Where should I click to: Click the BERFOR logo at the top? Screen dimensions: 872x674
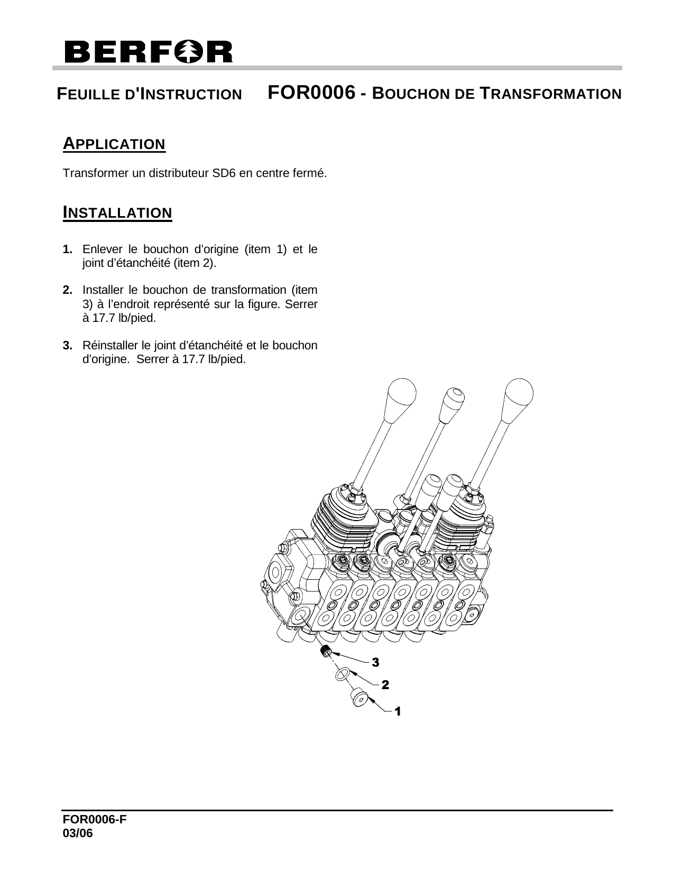[148, 52]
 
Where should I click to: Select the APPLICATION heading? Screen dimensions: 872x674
[114, 144]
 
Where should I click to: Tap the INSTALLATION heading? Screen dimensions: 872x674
[117, 213]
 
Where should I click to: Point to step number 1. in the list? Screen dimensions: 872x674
[68, 249]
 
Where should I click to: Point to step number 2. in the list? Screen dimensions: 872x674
[68, 290]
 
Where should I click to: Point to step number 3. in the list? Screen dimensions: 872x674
[68, 346]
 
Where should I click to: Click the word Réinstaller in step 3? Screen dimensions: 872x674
[109, 346]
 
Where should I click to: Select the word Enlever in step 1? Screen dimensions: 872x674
[101, 249]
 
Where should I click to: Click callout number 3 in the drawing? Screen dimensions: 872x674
[375, 662]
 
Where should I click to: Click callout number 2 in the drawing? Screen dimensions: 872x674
[385, 685]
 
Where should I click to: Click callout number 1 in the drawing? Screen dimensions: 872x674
[398, 712]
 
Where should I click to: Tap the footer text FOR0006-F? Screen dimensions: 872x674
[95, 820]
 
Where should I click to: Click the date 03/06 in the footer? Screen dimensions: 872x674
[77, 833]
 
